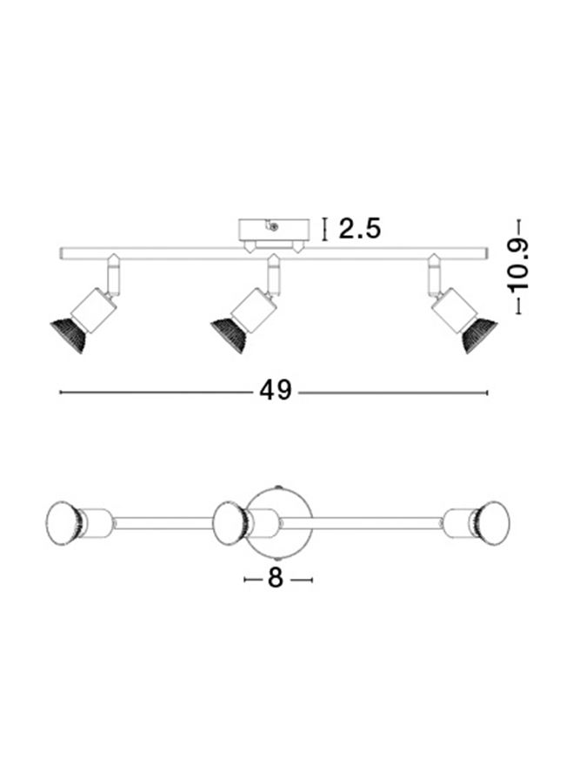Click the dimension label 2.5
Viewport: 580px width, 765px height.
(359, 229)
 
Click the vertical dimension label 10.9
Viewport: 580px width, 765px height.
(519, 265)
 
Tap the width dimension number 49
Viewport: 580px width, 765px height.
(276, 392)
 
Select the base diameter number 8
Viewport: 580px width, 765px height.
(276, 579)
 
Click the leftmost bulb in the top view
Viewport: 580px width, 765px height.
(62, 522)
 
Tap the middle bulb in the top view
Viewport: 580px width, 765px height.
(229, 522)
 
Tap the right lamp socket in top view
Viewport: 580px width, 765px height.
(455, 522)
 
